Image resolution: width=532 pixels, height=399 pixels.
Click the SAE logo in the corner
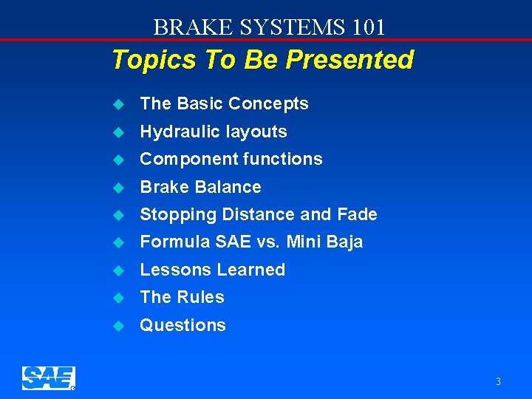tap(48, 378)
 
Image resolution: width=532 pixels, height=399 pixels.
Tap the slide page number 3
tap(498, 381)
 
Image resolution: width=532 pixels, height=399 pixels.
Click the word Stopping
tap(173, 215)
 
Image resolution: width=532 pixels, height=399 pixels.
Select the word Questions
tap(183, 325)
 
